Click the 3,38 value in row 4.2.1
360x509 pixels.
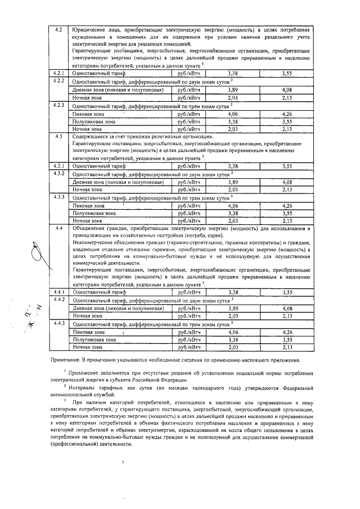(232, 73)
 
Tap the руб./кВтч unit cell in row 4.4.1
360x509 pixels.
(189, 292)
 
